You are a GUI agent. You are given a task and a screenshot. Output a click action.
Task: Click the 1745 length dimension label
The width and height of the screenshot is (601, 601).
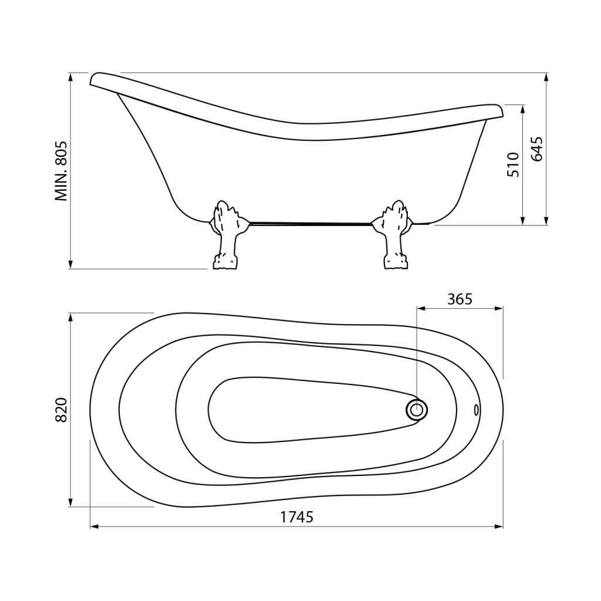[x=296, y=517]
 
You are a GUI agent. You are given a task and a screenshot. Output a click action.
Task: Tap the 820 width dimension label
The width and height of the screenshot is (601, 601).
[x=61, y=410]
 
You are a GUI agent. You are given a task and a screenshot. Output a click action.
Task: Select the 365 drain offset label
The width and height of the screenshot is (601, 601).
[x=460, y=299]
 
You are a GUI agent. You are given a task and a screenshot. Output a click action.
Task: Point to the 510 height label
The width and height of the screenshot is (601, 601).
[x=513, y=164]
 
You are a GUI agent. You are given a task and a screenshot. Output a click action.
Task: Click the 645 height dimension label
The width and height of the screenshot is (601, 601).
[x=536, y=148]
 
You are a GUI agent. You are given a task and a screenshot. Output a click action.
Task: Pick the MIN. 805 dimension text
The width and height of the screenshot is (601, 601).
[x=61, y=171]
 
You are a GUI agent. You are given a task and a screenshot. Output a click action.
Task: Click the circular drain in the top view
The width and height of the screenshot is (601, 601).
[x=417, y=410]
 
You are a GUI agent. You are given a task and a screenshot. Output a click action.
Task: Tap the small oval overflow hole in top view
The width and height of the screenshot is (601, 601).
[x=477, y=410]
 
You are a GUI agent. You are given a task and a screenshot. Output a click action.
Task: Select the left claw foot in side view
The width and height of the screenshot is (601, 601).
[x=226, y=235]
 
